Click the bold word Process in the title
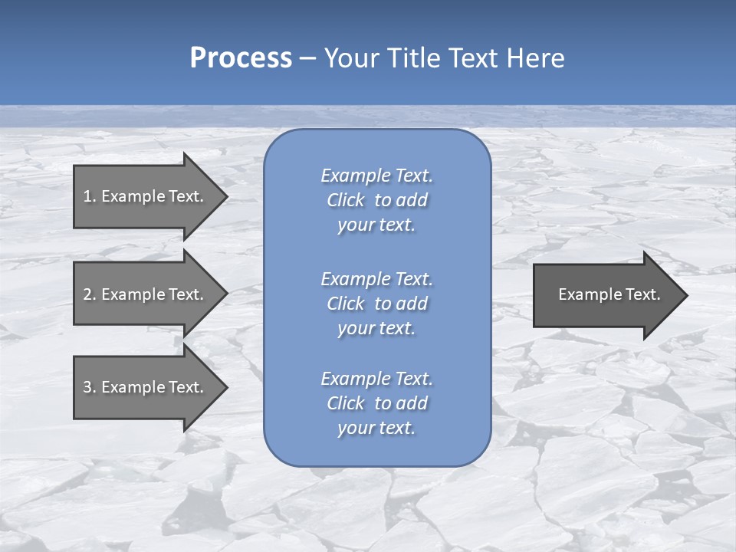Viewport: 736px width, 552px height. [241, 58]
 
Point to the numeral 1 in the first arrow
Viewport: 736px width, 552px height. [87, 196]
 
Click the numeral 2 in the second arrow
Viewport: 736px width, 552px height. [87, 294]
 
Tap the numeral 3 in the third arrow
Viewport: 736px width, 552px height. [87, 387]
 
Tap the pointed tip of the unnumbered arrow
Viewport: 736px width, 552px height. [685, 295]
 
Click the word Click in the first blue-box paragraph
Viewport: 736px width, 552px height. [345, 200]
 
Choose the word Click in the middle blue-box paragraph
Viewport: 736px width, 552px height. [345, 304]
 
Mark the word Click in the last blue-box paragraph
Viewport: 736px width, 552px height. [345, 403]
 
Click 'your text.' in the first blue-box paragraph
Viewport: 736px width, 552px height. [376, 225]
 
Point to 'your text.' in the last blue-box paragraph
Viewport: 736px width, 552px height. [376, 429]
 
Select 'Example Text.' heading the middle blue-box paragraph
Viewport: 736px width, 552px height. [376, 279]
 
